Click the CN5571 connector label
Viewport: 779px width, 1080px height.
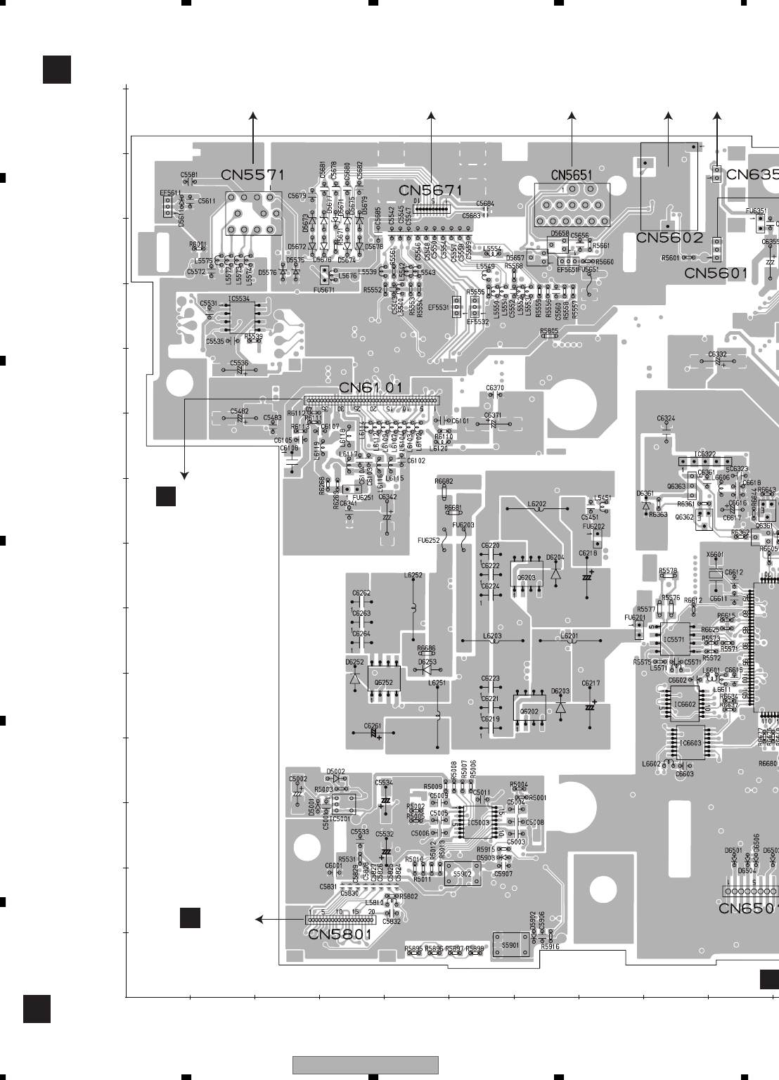[x=252, y=175]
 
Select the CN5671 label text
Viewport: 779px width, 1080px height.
[x=431, y=191]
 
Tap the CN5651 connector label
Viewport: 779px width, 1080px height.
[x=571, y=175]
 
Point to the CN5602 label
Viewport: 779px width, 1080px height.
[x=669, y=238]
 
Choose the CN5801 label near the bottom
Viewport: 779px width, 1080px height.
[x=340, y=934]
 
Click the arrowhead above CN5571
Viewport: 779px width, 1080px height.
[x=253, y=115]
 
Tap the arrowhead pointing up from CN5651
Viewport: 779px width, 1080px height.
[x=572, y=115]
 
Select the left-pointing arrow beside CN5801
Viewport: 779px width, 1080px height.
[x=259, y=919]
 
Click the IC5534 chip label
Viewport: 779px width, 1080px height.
[x=239, y=299]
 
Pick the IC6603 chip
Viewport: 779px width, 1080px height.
[x=690, y=743]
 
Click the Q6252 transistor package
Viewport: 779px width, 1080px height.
[x=384, y=682]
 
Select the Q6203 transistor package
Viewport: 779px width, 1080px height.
[x=526, y=578]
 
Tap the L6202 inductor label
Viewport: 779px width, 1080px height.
[x=536, y=504]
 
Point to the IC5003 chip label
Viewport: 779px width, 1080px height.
[x=479, y=822]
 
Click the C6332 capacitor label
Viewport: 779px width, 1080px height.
[x=717, y=354]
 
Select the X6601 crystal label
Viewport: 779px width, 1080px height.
[x=714, y=555]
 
